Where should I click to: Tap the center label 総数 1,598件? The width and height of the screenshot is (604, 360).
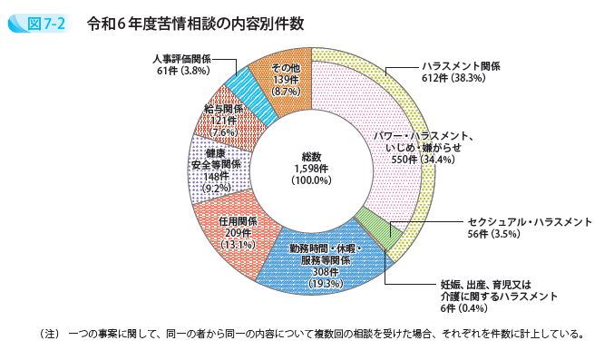tap(311, 168)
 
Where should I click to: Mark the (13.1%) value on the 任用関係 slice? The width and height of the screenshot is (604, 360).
tap(239, 244)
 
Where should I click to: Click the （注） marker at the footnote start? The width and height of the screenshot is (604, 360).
tap(44, 333)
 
